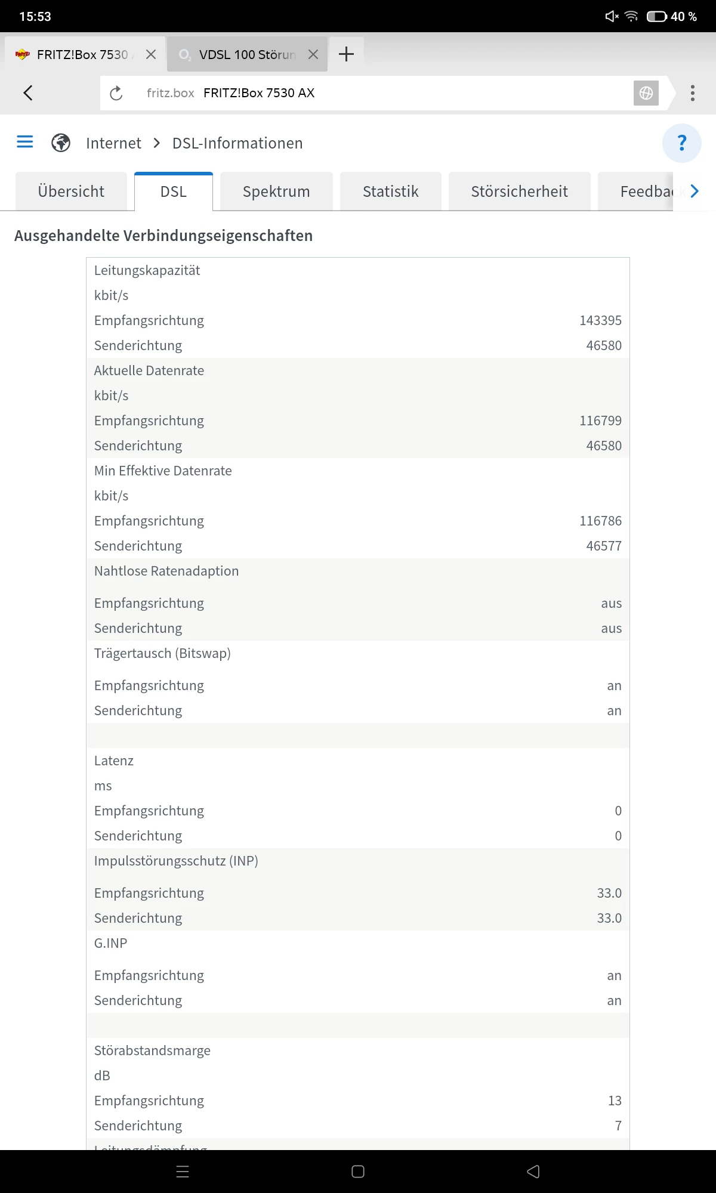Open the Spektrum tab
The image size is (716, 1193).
coord(276,191)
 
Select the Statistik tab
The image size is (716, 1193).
coord(390,191)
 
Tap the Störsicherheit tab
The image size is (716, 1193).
coord(519,191)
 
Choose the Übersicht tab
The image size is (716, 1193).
coord(71,191)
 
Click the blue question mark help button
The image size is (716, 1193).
coord(681,143)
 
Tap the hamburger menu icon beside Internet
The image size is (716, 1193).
coord(25,142)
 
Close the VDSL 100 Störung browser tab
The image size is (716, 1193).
coord(313,54)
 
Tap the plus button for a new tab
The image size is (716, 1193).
coord(346,54)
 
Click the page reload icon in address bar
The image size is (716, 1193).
coord(116,93)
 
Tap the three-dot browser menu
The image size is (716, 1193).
coord(692,93)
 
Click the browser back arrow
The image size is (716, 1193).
coord(28,93)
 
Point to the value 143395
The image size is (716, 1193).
coord(600,320)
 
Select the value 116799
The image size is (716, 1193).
coord(600,421)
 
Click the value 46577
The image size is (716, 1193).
coord(604,546)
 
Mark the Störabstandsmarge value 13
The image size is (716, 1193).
coord(615,1101)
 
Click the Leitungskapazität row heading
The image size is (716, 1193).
coord(147,270)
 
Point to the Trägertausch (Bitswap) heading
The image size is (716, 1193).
coord(162,653)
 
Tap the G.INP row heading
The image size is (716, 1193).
coord(111,943)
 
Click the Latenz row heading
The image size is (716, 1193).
coord(114,761)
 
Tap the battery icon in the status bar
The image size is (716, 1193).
coord(657,16)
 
